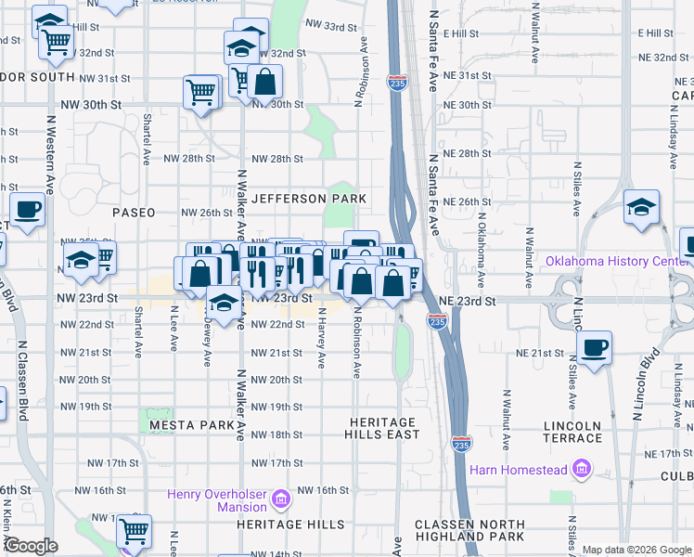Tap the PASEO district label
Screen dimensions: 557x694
pyautogui.click(x=134, y=213)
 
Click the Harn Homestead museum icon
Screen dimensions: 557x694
pyautogui.click(x=581, y=471)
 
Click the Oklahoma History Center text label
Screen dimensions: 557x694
pyautogui.click(x=619, y=261)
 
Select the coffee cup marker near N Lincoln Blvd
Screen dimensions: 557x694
pyautogui.click(x=594, y=349)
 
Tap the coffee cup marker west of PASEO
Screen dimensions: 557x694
pyautogui.click(x=27, y=209)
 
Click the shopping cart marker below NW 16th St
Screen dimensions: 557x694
pyautogui.click(x=134, y=531)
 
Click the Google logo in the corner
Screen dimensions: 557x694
pyautogui.click(x=31, y=546)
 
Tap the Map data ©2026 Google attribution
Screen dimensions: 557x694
pyautogui.click(x=636, y=550)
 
